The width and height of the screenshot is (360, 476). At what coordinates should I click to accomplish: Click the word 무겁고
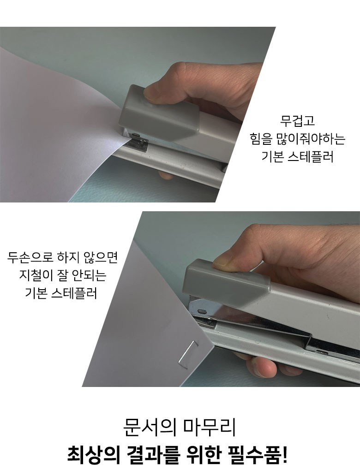[297, 120]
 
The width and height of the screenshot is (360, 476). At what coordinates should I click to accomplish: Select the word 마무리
[210, 427]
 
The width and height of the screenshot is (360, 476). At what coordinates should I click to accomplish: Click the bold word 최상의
[93, 455]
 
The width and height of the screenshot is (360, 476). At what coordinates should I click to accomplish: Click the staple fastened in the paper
[188, 351]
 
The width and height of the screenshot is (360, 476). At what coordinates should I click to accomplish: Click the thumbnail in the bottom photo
[222, 262]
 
